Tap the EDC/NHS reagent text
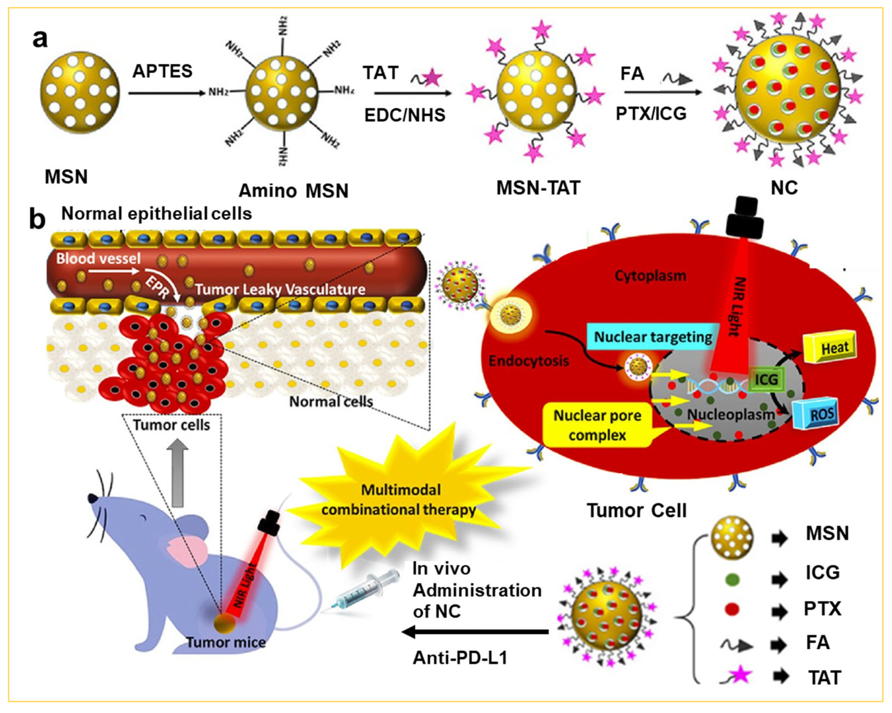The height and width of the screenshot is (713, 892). point(404,115)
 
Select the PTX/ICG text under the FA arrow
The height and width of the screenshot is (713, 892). point(651,113)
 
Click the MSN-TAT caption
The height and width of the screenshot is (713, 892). point(538,188)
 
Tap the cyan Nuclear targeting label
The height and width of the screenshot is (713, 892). point(653,337)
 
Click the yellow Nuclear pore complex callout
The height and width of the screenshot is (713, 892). point(597,425)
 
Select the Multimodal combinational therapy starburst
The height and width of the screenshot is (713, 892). point(399,500)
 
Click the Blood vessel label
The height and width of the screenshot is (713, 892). point(98,258)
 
